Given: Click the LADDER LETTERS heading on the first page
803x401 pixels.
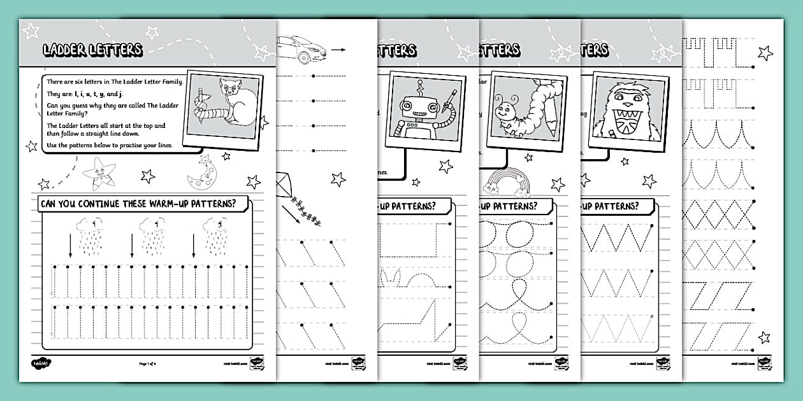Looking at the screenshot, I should pyautogui.click(x=92, y=50).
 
